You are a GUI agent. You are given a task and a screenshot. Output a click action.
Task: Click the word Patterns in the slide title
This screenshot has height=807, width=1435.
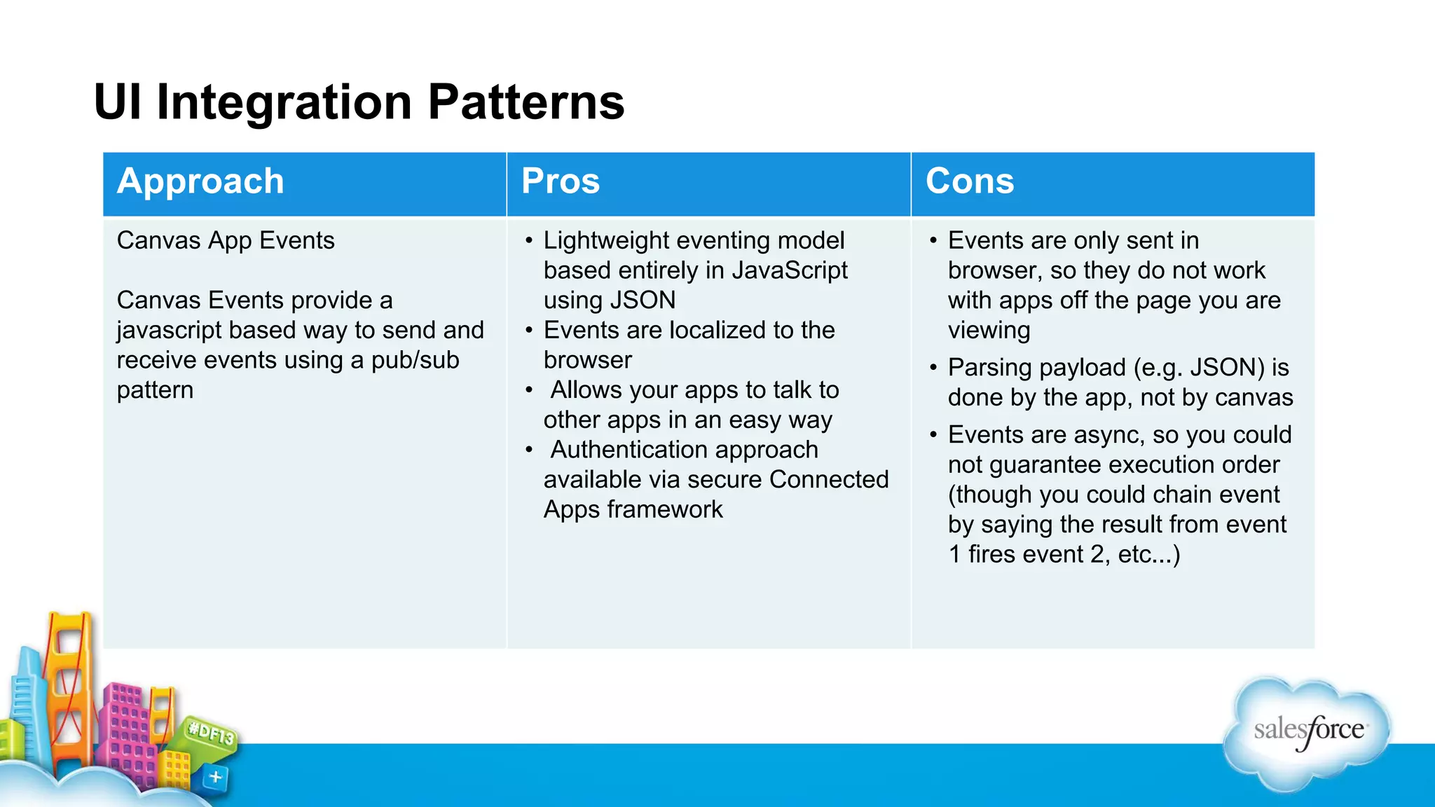tap(526, 102)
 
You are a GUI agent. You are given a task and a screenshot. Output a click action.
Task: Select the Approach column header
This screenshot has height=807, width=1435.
tap(200, 181)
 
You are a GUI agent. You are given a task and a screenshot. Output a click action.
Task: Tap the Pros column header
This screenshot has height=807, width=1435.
tap(561, 181)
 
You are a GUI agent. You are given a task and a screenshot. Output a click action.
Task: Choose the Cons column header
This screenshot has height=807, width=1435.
tap(969, 181)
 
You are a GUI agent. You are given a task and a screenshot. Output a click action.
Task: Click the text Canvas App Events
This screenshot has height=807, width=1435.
tap(226, 240)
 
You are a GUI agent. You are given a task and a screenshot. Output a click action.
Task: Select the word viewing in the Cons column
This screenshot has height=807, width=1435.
tap(989, 331)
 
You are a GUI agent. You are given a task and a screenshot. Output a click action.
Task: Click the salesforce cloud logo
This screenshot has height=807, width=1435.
tap(1307, 732)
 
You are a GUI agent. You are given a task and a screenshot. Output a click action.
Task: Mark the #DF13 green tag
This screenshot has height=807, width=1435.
tap(211, 735)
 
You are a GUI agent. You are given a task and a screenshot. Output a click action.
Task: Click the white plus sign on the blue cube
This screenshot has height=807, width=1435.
tap(216, 777)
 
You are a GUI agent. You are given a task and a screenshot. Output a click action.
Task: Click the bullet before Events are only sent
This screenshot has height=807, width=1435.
tap(933, 241)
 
